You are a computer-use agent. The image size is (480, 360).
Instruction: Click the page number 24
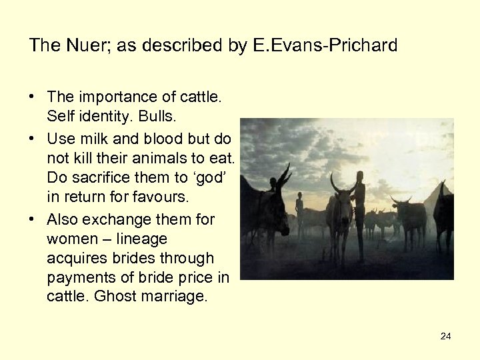point(445,336)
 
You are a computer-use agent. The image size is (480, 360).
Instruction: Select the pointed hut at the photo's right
point(437,197)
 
